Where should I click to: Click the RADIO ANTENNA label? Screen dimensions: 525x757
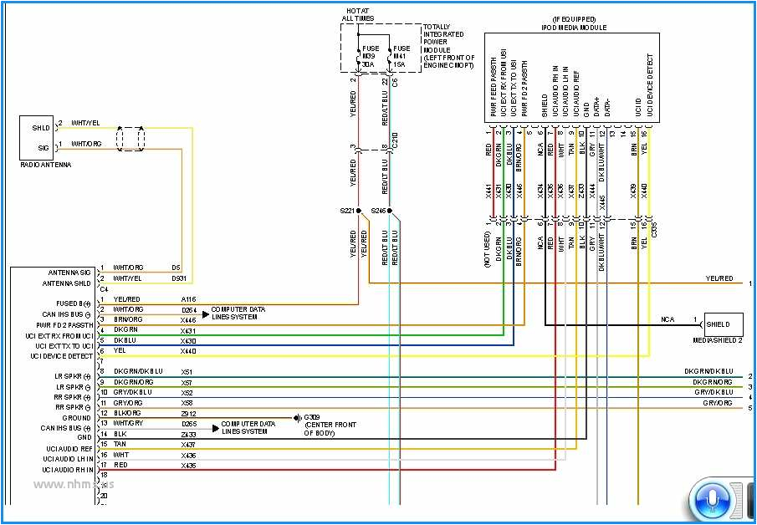click(45, 165)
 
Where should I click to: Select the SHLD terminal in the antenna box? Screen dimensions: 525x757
click(42, 128)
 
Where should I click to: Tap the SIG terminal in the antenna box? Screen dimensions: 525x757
click(43, 147)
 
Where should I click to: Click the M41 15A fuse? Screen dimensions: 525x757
click(402, 55)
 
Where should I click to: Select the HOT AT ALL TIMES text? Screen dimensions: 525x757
click(358, 14)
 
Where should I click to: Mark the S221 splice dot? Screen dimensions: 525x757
click(358, 211)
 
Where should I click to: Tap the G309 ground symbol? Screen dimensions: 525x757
click(296, 416)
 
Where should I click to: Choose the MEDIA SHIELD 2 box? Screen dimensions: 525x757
click(723, 324)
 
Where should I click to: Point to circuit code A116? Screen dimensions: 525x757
click(189, 299)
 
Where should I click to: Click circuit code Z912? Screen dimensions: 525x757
click(187, 413)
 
